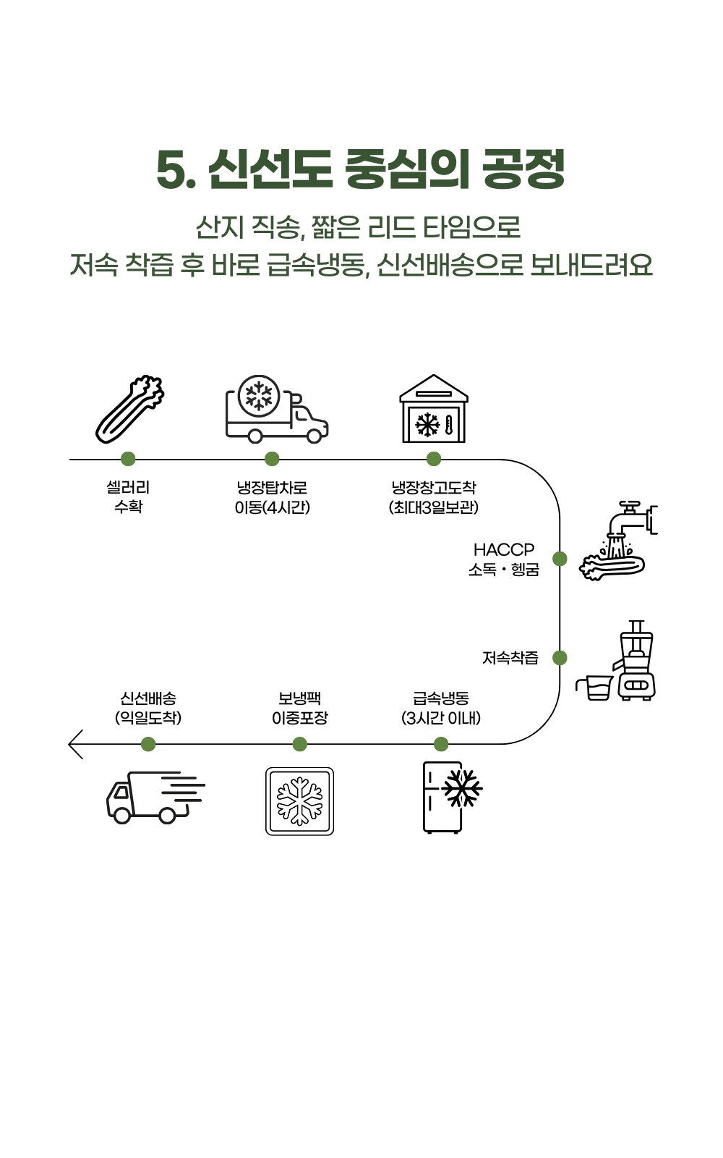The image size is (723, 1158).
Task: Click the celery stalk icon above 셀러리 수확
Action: pyautogui.click(x=129, y=409)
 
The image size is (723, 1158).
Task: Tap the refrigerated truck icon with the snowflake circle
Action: pyautogui.click(x=277, y=409)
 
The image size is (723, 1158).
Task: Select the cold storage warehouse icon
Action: pyautogui.click(x=434, y=408)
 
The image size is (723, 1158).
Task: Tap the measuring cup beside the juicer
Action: pyautogui.click(x=594, y=688)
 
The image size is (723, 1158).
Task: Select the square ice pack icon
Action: pyautogui.click(x=299, y=801)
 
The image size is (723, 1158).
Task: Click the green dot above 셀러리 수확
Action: pyautogui.click(x=128, y=459)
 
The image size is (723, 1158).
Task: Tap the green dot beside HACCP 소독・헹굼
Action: pyautogui.click(x=560, y=558)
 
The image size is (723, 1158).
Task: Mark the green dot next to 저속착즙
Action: pyautogui.click(x=560, y=658)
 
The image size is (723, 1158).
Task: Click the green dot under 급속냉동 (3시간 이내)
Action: pyautogui.click(x=441, y=744)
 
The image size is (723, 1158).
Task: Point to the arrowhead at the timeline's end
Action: pyautogui.click(x=69, y=745)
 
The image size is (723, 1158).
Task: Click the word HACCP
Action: pyautogui.click(x=504, y=549)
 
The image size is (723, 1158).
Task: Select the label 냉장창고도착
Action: pyautogui.click(x=434, y=488)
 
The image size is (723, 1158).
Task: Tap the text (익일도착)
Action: pyautogui.click(x=148, y=718)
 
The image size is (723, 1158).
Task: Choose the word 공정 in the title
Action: pyautogui.click(x=523, y=169)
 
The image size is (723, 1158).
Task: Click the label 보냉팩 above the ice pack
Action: pyautogui.click(x=299, y=698)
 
